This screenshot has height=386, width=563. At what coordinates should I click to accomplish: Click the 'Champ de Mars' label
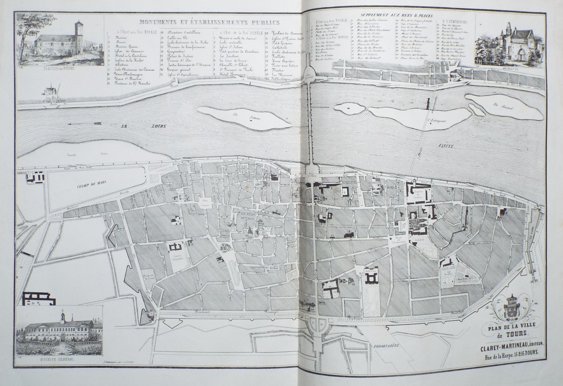tap(91, 186)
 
